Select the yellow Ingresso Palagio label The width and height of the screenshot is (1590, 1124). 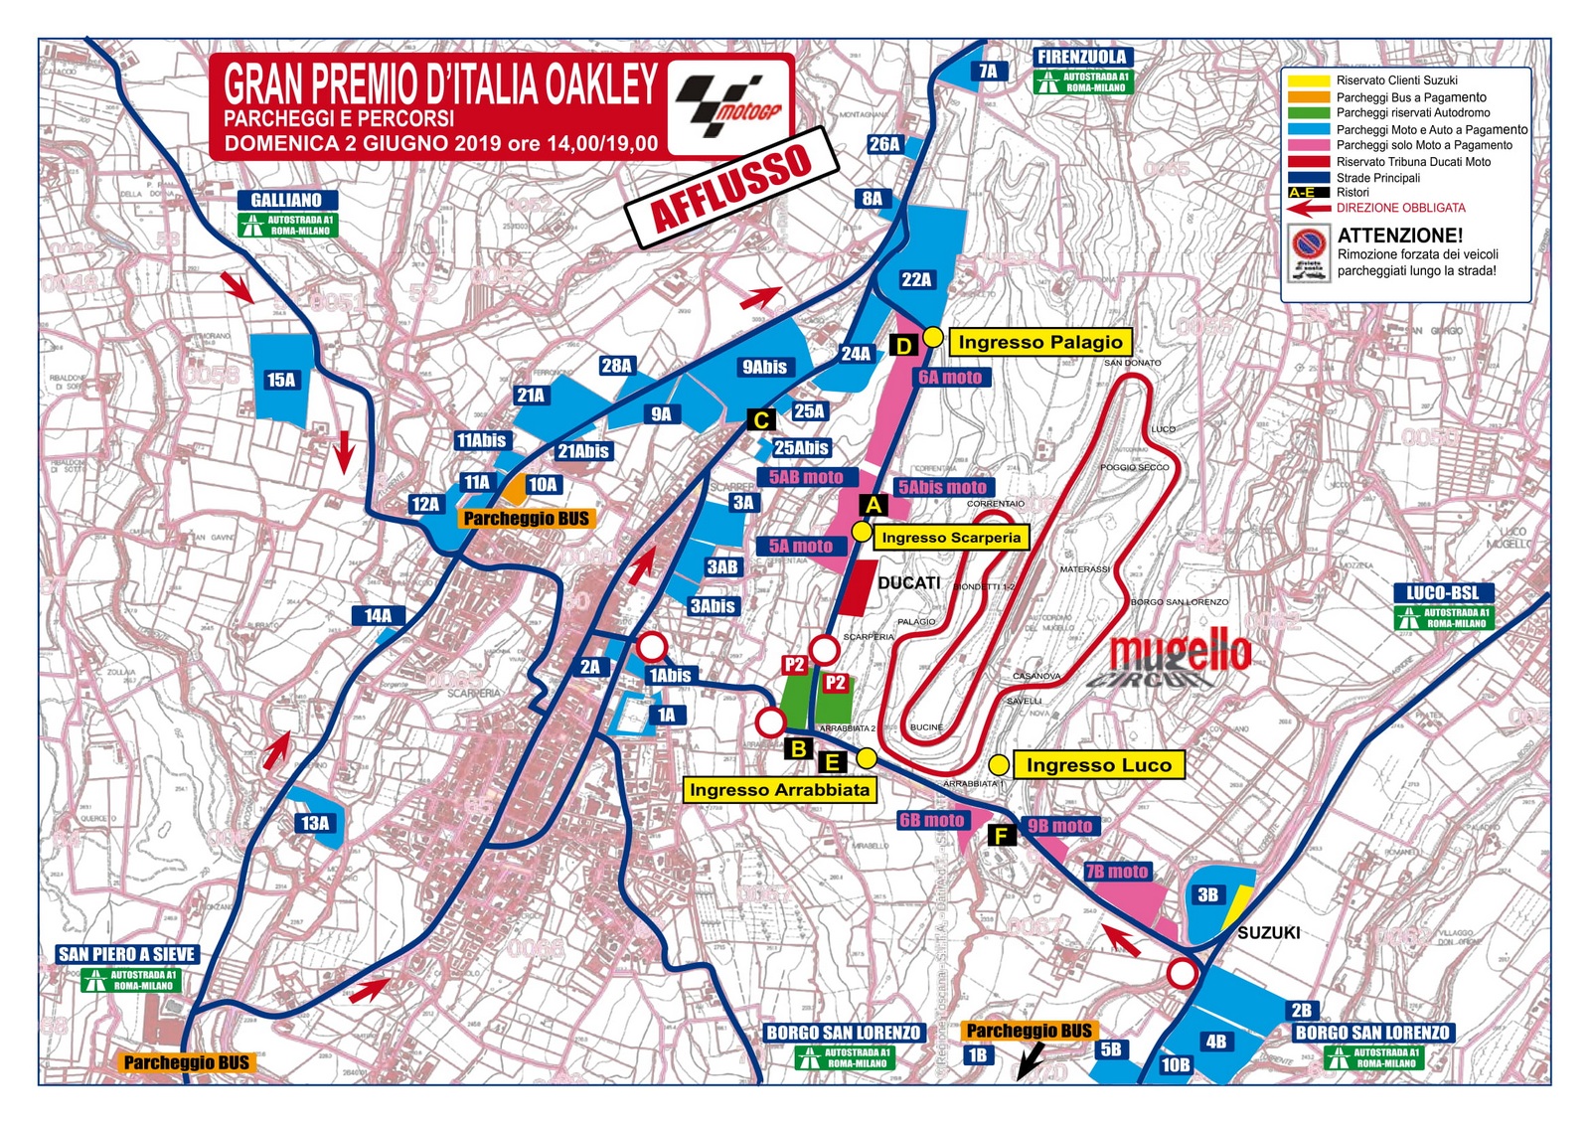tap(1039, 342)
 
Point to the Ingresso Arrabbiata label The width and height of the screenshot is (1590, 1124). tap(779, 790)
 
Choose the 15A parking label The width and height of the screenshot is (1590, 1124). tap(281, 380)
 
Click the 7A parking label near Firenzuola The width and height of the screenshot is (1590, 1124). tap(988, 71)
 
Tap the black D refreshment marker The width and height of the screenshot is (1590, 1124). tap(903, 346)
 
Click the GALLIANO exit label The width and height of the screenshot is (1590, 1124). tap(286, 200)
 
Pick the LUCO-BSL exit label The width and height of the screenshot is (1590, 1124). tap(1442, 593)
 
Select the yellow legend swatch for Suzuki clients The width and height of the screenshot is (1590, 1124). tap(1308, 80)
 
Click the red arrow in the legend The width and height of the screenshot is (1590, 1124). tap(1308, 209)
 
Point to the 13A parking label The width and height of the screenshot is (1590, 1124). tap(314, 823)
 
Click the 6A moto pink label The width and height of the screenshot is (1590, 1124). tap(949, 378)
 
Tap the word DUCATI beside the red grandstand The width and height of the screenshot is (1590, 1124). tap(908, 582)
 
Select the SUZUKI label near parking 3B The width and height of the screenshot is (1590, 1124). tap(1268, 932)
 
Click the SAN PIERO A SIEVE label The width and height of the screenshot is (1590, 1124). tap(127, 954)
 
